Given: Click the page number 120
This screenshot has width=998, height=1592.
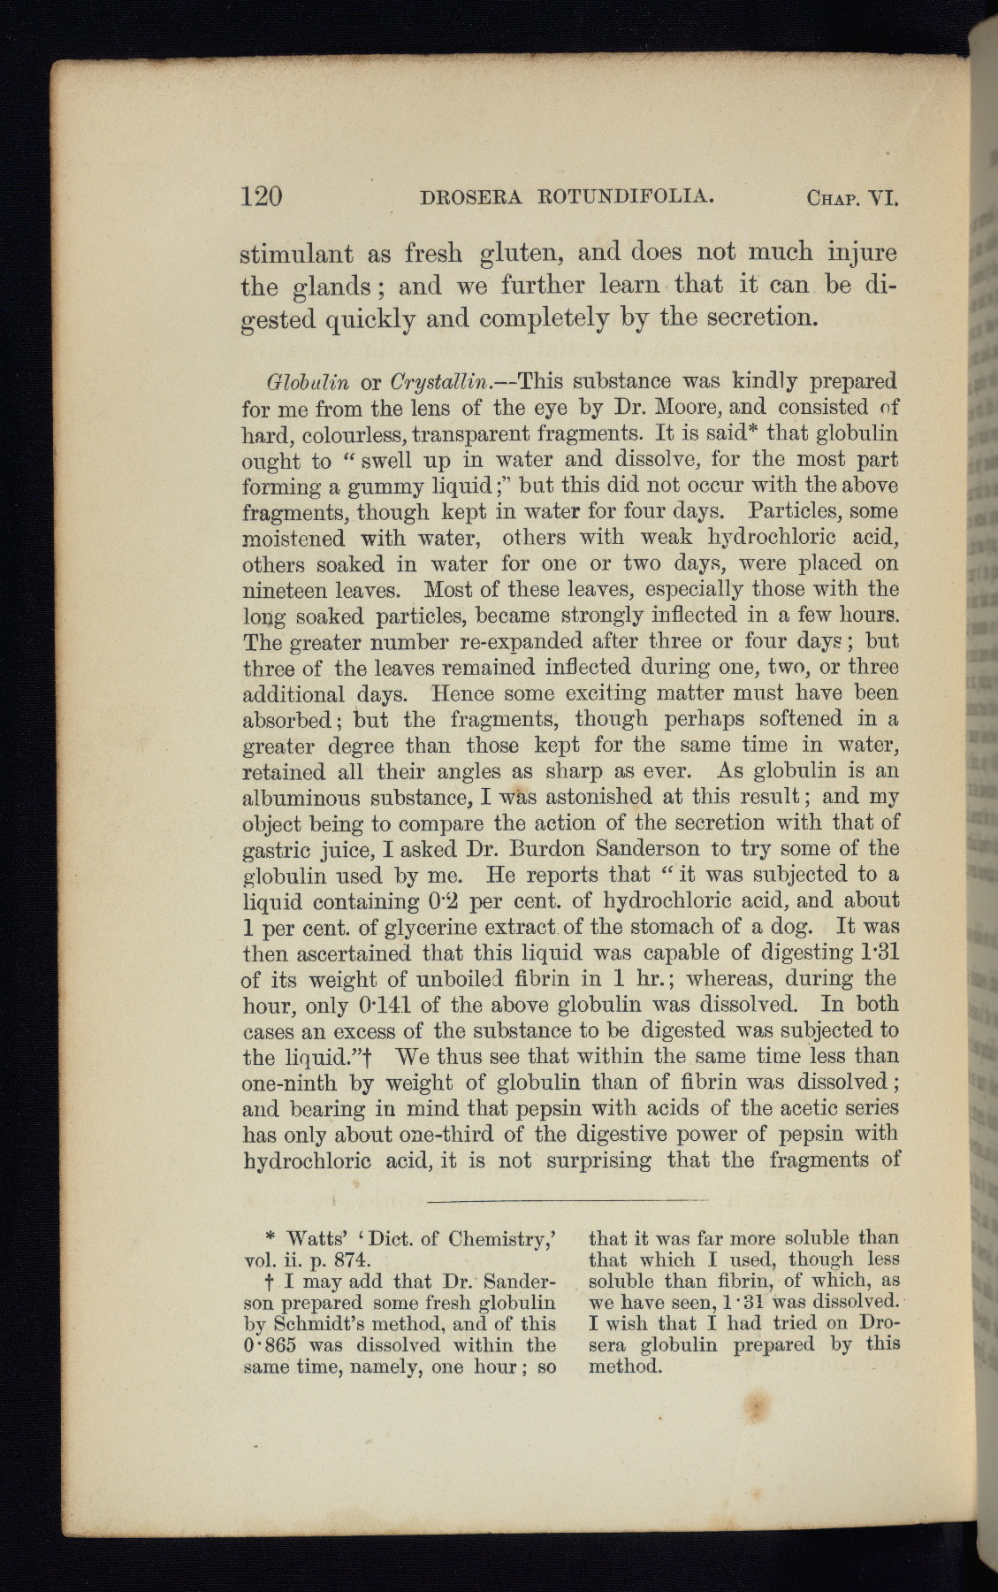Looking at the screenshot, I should point(262,195).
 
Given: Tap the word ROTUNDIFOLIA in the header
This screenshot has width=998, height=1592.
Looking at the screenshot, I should point(624,195).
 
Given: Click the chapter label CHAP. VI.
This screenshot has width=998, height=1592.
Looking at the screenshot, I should point(852,197).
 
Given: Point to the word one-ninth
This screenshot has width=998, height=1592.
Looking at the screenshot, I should point(294,1083).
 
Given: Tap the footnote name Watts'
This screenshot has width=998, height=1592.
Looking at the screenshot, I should point(324,1239).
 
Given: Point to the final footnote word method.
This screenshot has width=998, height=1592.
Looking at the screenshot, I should point(624,1366).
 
